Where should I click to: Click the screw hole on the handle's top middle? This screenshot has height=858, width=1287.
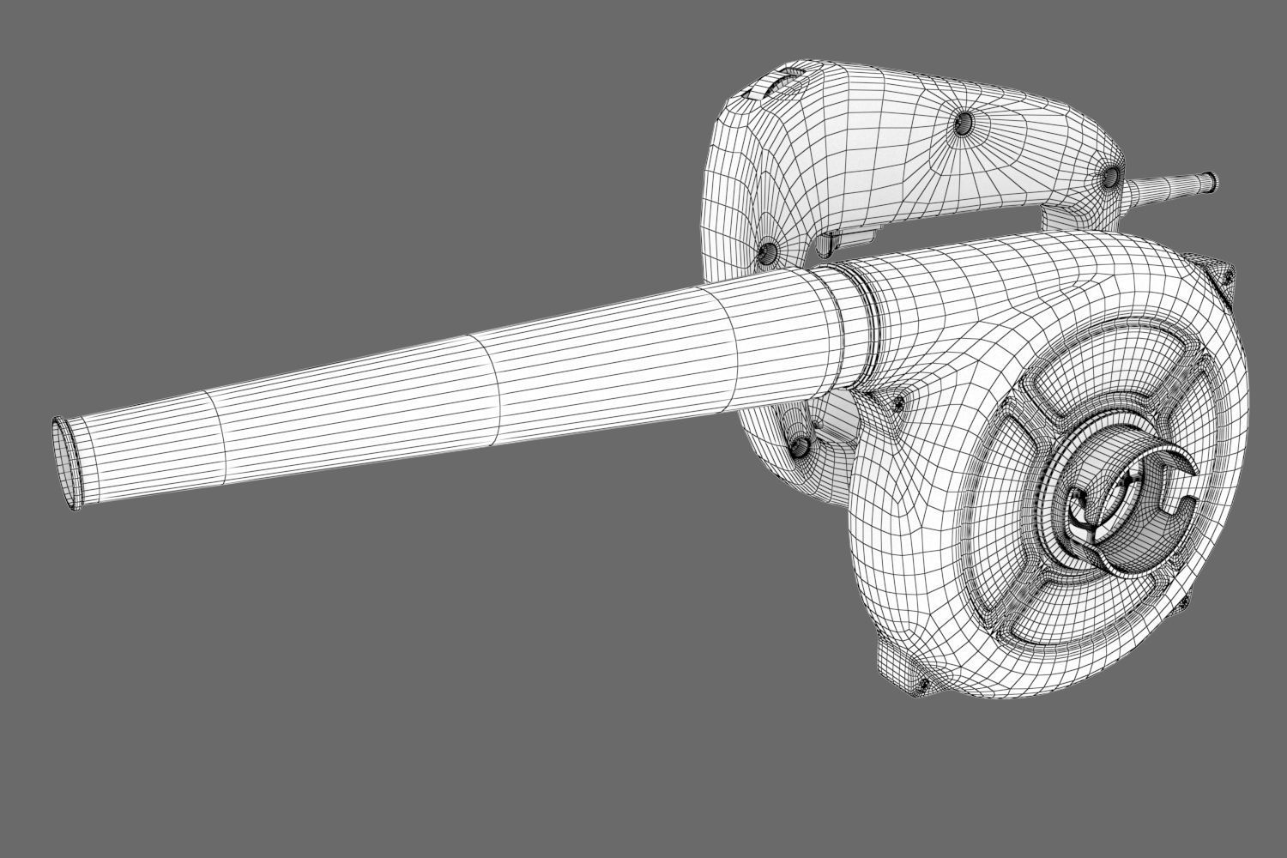tap(962, 124)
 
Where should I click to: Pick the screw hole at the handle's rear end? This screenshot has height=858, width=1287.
tap(1109, 176)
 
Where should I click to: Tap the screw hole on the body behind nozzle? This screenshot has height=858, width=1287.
tap(801, 445)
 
